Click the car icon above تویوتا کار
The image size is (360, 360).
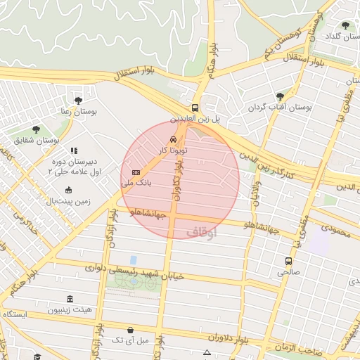[173, 139]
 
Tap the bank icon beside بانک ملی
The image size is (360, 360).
[136, 172]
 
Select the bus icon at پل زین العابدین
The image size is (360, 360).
[195, 108]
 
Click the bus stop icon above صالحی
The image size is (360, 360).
[287, 261]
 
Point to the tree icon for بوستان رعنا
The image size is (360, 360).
[78, 100]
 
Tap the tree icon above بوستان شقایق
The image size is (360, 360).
[36, 129]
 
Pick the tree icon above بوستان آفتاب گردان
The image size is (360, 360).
[280, 96]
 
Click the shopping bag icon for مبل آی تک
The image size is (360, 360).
[130, 329]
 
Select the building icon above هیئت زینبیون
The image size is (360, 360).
[69, 299]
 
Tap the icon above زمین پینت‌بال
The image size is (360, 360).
[68, 190]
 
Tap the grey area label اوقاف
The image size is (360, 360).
[202, 231]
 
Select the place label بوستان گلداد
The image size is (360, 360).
[340, 35]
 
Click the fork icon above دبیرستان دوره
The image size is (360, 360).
[74, 150]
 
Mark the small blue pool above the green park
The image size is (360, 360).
[133, 260]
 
